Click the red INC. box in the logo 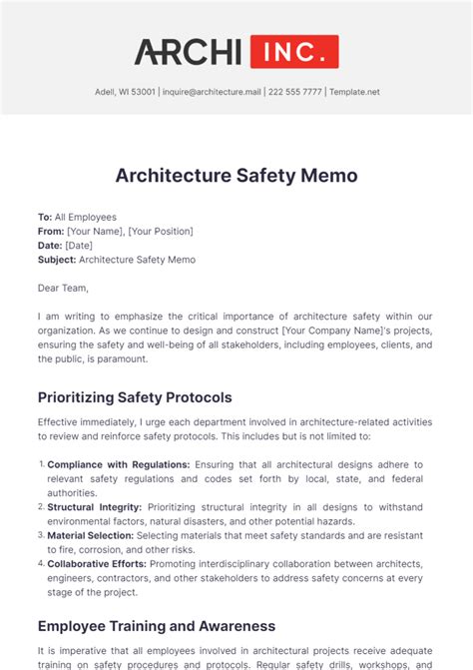tap(294, 52)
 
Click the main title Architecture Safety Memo tap(236, 176)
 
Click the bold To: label tap(45, 217)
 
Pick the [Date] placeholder tap(79, 246)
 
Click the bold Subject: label tap(57, 260)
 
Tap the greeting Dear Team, tap(63, 289)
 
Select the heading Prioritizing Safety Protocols tap(135, 396)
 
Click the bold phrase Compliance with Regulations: tap(119, 464)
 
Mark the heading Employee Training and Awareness tap(156, 626)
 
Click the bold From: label tap(50, 231)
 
